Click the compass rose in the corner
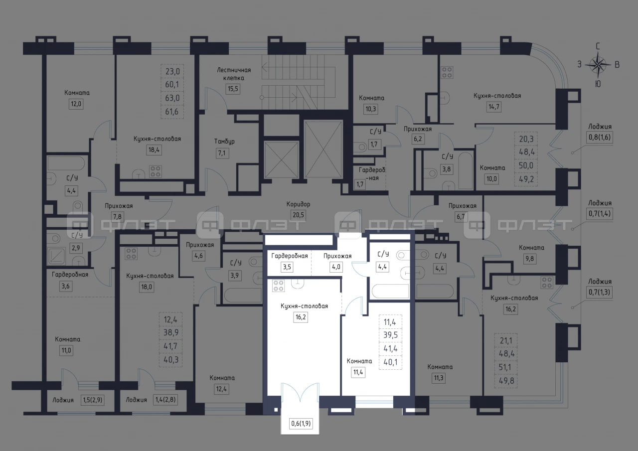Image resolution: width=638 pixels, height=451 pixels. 598,65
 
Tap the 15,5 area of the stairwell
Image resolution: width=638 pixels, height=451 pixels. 233,89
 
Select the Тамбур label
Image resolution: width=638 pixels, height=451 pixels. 224,141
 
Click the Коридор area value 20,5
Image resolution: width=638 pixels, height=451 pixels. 298,215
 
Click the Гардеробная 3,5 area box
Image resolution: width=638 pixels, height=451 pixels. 287,267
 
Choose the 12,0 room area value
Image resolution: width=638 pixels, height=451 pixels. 76,104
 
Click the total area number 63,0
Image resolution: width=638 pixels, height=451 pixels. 172,98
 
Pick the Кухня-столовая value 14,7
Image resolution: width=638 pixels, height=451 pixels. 493,107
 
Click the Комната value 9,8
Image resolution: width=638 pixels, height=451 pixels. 530,259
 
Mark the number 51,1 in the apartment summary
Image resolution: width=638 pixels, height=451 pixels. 505,367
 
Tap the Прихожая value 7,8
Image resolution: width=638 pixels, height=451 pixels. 117,217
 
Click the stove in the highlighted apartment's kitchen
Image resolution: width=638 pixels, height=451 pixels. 278,286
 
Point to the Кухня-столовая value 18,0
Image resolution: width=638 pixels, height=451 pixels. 147,287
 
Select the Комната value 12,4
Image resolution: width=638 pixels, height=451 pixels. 221,389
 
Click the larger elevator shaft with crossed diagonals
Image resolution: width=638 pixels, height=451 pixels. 323,149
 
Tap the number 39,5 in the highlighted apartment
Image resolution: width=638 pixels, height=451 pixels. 390,335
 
